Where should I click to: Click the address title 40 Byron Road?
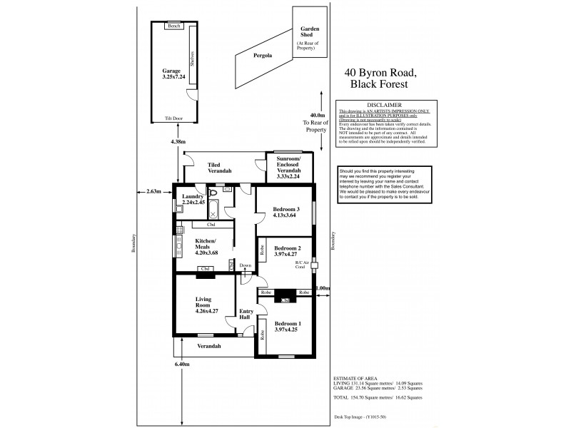click(x=385, y=72)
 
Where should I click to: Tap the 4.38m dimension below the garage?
click(x=178, y=141)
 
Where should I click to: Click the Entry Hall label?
click(x=246, y=314)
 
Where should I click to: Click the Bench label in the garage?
click(x=173, y=26)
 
